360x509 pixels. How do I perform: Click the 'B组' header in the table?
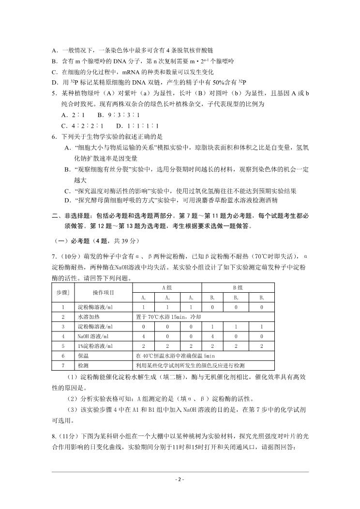[238, 287]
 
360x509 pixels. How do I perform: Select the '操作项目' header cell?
[103, 292]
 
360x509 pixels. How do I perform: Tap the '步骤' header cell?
[62, 292]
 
